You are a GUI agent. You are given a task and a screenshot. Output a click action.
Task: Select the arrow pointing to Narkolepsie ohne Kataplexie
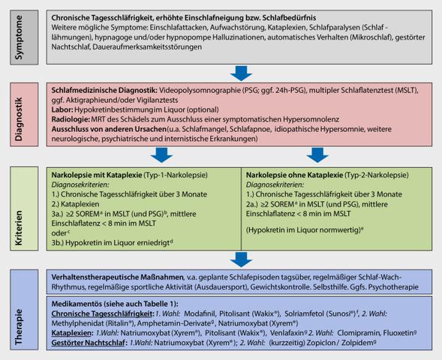(x=317, y=154)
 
